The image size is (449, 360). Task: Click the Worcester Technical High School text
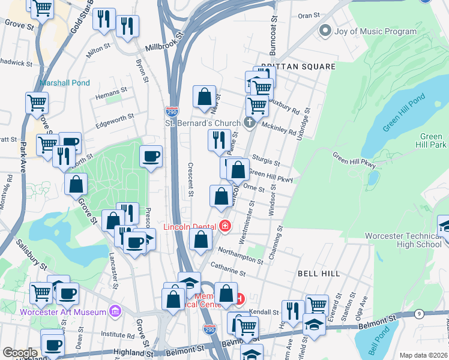403,240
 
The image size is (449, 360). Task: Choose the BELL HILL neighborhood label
319,273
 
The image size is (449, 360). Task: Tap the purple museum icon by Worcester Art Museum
115,311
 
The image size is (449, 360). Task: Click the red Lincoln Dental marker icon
225,226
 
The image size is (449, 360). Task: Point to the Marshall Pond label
65,83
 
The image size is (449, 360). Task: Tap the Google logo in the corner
20,353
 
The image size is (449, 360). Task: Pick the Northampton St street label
238,256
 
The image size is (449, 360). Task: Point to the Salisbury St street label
31,253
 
